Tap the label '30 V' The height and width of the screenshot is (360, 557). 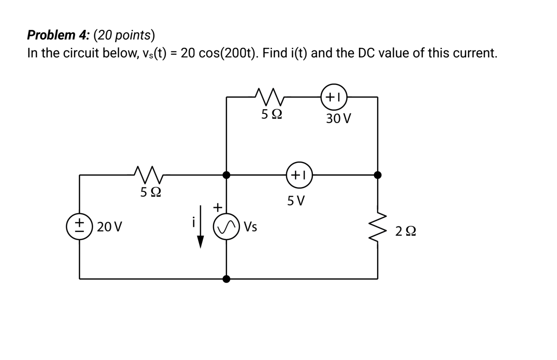pos(339,119)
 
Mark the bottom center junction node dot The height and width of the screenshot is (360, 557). pos(226,278)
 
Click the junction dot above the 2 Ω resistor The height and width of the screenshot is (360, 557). pos(378,175)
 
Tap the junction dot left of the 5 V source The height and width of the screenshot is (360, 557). pos(226,175)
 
